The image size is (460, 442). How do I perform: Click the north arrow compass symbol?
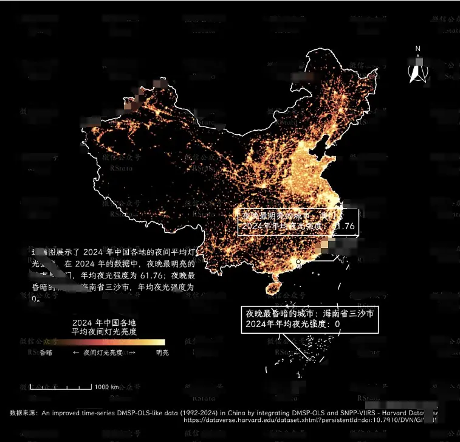coord(417,73)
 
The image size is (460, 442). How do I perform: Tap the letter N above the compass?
coord(418,49)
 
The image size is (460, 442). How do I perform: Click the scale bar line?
coord(61,387)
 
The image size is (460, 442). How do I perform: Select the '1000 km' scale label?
coord(106,387)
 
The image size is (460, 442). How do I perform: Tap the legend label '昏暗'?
coord(46,353)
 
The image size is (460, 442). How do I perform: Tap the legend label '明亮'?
coord(162,353)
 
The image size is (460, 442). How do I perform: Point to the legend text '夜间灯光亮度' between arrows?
coord(103,353)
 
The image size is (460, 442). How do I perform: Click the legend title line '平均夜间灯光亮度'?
coord(104,333)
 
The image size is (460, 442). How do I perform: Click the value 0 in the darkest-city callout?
coord(337,325)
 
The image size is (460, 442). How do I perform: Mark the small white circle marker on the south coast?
coord(298,262)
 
